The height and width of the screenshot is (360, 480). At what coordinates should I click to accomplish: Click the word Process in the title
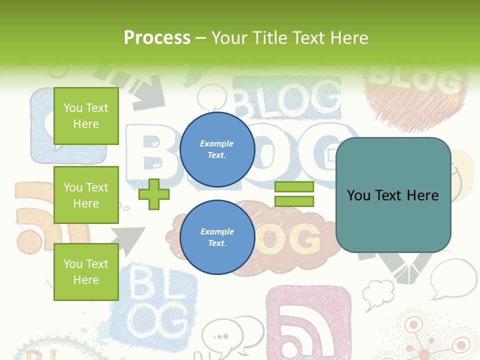coord(157,38)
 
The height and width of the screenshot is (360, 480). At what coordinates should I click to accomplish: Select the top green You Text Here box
coord(86,116)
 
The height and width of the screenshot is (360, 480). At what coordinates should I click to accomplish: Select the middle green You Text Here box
coord(86,195)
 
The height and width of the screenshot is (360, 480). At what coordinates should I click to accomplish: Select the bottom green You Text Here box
coord(86,272)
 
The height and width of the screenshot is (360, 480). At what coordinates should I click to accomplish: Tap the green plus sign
coord(154,194)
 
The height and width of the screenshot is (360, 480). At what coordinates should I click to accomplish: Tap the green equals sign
coord(294,194)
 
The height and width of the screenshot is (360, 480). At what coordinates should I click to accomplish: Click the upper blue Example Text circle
coord(217,149)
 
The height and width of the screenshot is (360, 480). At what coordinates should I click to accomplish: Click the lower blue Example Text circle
coord(217,237)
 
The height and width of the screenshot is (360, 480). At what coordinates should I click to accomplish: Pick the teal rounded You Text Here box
coord(393,195)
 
